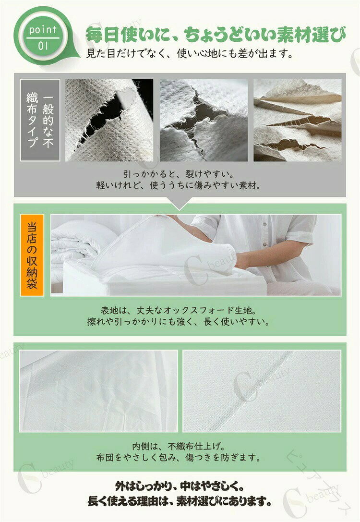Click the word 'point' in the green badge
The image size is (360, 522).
point(43,30)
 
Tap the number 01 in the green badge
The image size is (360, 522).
point(43,46)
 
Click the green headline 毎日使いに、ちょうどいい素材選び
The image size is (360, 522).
point(216,35)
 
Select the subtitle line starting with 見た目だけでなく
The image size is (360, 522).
point(189,53)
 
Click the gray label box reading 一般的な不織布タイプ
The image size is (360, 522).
point(40,120)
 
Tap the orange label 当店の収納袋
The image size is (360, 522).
point(32,255)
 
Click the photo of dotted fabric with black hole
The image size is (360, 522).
point(109,120)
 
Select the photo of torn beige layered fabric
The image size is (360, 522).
point(298,120)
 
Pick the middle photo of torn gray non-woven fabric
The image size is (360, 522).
point(204,120)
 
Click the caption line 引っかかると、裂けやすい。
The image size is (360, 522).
point(179,174)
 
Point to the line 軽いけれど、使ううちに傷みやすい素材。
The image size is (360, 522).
point(179,185)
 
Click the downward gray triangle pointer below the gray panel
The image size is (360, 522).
point(180,203)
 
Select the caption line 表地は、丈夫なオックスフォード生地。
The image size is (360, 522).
point(179,310)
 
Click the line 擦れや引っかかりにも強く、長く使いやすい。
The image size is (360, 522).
point(179,322)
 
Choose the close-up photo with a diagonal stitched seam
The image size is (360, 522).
point(262,391)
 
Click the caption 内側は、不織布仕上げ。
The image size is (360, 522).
point(179,446)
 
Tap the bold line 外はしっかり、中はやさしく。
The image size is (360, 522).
point(179,486)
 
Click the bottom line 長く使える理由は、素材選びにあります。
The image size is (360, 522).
point(179,501)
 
